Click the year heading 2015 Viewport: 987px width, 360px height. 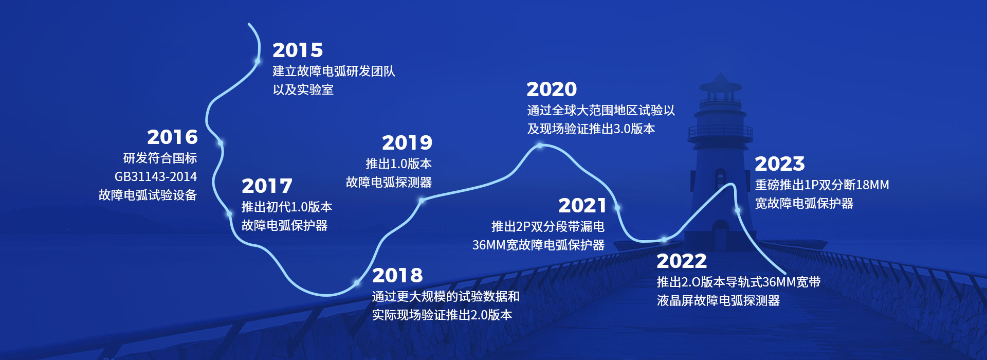pyautogui.click(x=298, y=50)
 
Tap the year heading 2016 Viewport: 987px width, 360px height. pyautogui.click(x=172, y=137)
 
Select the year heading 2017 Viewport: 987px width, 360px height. pyautogui.click(x=267, y=186)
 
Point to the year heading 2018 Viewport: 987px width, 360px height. pyautogui.click(x=397, y=276)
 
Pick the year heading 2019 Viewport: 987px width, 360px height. pyautogui.click(x=407, y=143)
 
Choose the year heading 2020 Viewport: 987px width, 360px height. pyautogui.click(x=552, y=89)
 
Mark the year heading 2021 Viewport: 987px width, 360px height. pyautogui.click(x=582, y=206)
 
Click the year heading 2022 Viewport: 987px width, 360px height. pyautogui.click(x=682, y=261)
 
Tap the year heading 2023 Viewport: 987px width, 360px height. pyautogui.click(x=780, y=164)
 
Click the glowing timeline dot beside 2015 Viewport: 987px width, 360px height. pyautogui.click(x=257, y=61)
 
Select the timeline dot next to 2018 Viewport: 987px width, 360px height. pyautogui.click(x=357, y=283)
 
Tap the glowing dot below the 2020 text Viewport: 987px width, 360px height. pyautogui.click(x=540, y=146)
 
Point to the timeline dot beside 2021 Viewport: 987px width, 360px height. pyautogui.click(x=617, y=208)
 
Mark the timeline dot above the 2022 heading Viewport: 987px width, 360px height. pyautogui.click(x=664, y=239)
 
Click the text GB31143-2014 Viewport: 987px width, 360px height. pyautogui.click(x=156, y=177)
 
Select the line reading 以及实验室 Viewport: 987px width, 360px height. pyautogui.click(x=303, y=89)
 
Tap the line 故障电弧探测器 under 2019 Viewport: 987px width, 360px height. pyautogui.click(x=389, y=182)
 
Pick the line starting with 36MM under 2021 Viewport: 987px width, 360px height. pyautogui.click(x=538, y=245)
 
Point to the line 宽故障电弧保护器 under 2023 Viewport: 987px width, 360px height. pyautogui.click(x=804, y=203)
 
